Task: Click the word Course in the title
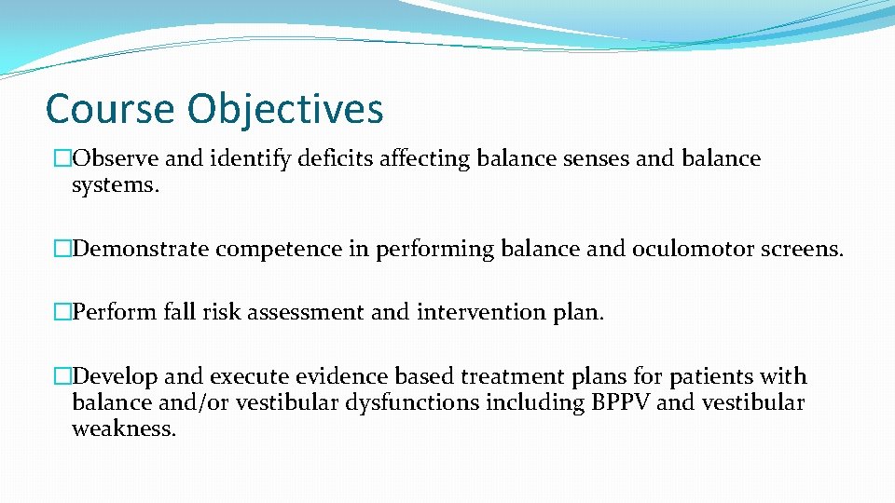pyautogui.click(x=110, y=109)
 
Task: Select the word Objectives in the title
pyautogui.click(x=285, y=109)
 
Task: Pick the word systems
pyautogui.click(x=116, y=185)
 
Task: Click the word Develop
pyautogui.click(x=115, y=376)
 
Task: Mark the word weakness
pyautogui.click(x=124, y=430)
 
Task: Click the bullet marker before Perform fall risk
pyautogui.click(x=62, y=313)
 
